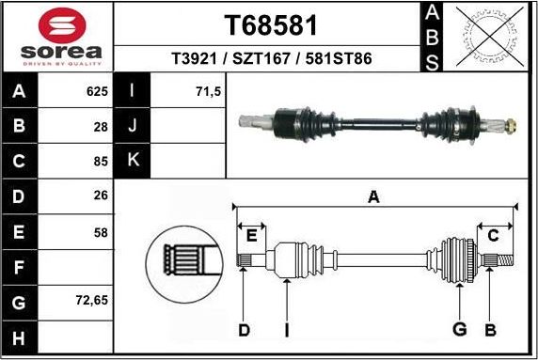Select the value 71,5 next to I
click(x=207, y=92)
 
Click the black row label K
click(x=132, y=161)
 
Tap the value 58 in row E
click(x=99, y=232)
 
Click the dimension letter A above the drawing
click(x=373, y=196)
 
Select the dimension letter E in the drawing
click(x=251, y=235)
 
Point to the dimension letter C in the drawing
click(x=492, y=235)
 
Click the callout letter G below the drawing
click(x=459, y=329)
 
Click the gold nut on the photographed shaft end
click(x=511, y=123)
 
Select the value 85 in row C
click(x=99, y=162)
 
